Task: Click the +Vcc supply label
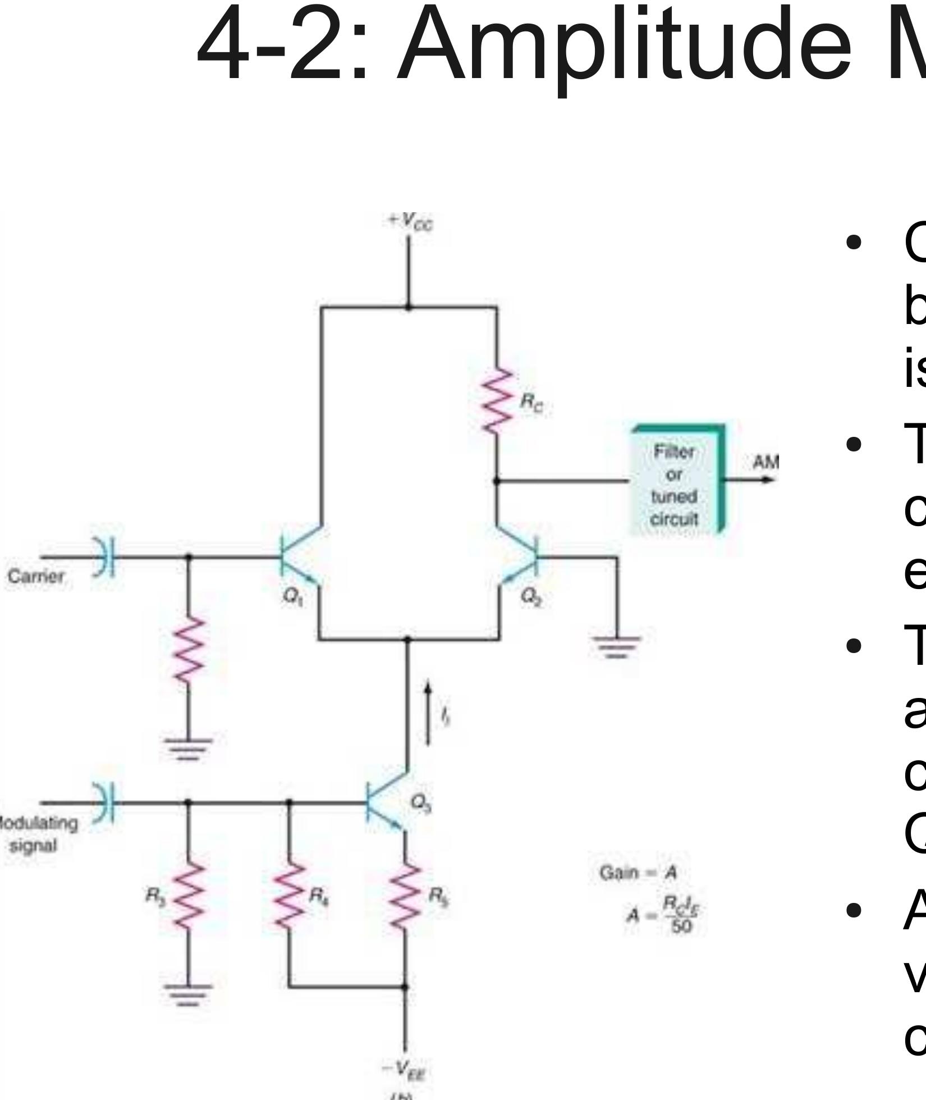coord(410,223)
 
